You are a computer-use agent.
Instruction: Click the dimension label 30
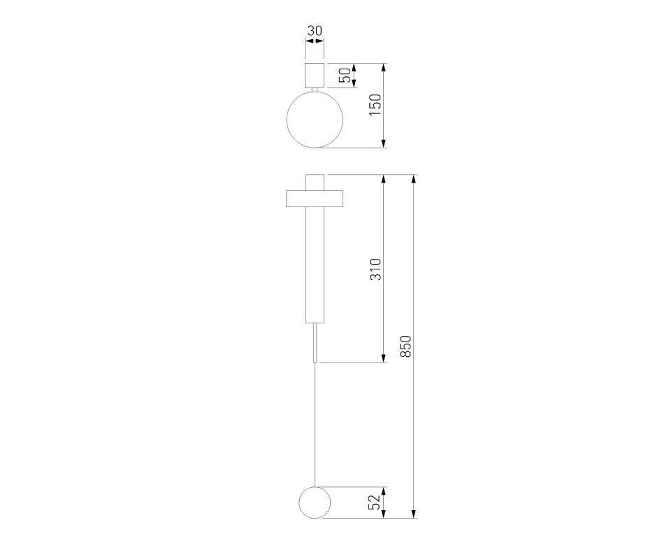tap(315, 31)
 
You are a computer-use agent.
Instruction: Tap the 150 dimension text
tap(375, 105)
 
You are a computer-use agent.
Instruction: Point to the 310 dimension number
tap(375, 269)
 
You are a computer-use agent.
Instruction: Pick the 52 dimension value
tap(374, 503)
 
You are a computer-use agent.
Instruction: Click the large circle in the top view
tap(315, 119)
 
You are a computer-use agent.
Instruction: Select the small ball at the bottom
tap(315, 503)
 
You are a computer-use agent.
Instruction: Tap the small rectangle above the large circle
tap(315, 75)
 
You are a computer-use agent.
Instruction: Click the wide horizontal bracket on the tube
tap(315, 199)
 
